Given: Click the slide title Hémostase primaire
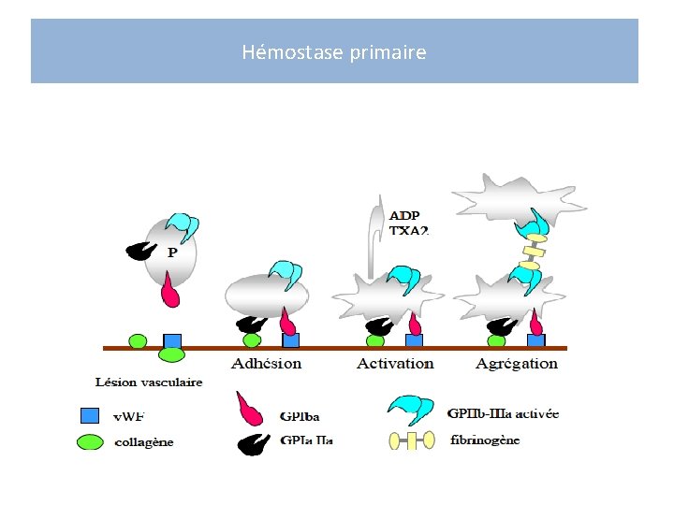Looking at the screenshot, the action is click(334, 52).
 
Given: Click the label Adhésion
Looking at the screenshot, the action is click(267, 363).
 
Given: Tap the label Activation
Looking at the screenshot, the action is click(395, 363).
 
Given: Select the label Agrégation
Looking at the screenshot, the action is click(516, 363).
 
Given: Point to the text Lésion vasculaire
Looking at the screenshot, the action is click(149, 382).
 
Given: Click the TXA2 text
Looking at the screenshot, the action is click(408, 230).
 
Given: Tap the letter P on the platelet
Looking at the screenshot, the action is click(172, 252).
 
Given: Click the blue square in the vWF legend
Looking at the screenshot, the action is click(89, 415).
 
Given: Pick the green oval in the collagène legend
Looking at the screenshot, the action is click(89, 440).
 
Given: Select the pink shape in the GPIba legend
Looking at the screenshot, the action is click(256, 409).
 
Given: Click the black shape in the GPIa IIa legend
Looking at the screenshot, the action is click(252, 442).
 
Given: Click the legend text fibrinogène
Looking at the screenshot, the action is click(485, 440).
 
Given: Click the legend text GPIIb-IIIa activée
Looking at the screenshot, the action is click(503, 413).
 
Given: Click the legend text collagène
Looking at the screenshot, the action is click(143, 442).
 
